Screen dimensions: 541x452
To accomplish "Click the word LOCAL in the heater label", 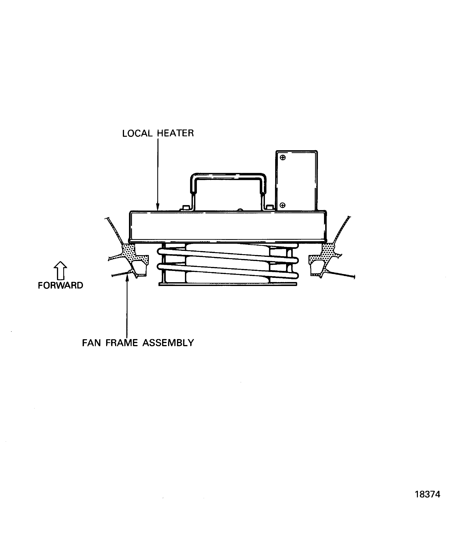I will [137, 133].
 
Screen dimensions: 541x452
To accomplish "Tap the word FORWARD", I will [60, 286].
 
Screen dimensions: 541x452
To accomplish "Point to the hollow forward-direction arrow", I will [60, 271].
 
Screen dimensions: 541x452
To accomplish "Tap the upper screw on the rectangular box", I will [283, 157].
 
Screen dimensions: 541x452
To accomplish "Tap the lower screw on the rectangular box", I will [282, 205].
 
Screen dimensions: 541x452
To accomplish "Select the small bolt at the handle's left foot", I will [185, 207].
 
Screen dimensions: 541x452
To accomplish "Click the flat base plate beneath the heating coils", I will [228, 284].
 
